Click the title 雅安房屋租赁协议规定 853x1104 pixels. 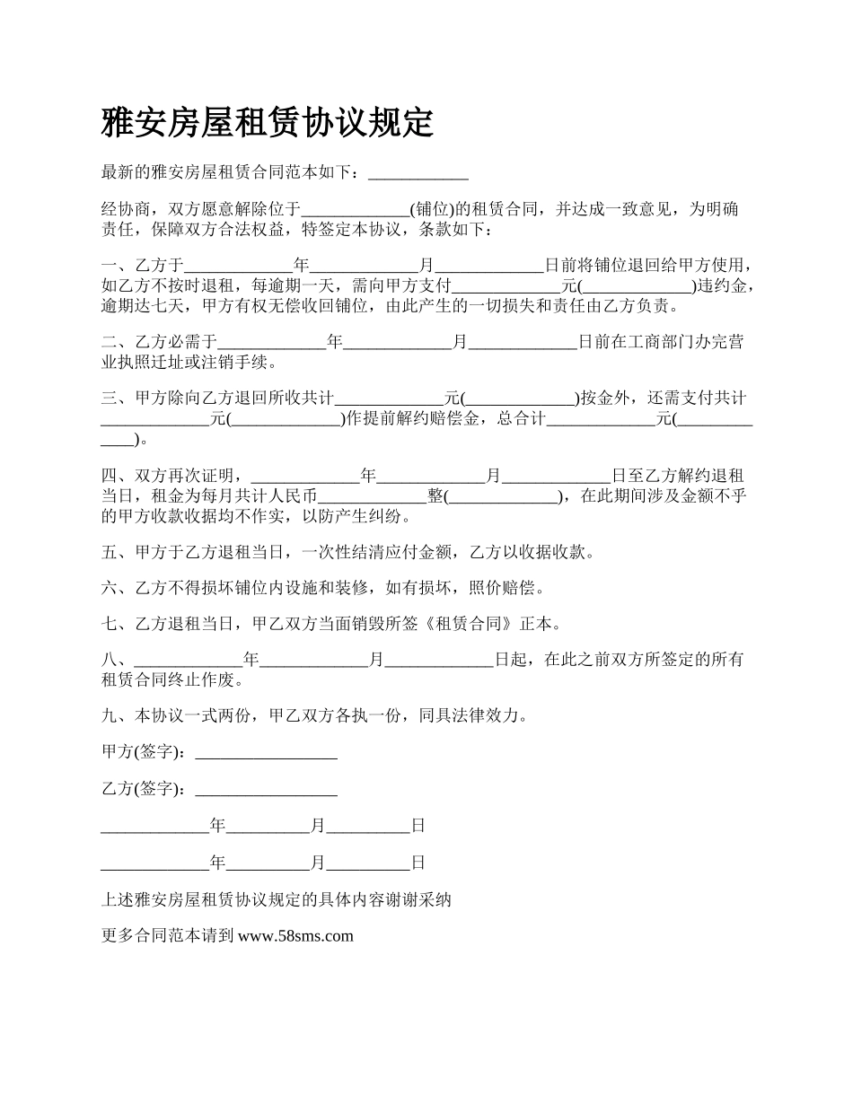click(x=268, y=123)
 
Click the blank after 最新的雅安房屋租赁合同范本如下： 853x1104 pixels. click(x=418, y=173)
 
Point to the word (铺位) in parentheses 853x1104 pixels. click(x=428, y=210)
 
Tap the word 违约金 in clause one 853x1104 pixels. click(x=721, y=286)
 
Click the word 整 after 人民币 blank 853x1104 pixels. click(x=435, y=496)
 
